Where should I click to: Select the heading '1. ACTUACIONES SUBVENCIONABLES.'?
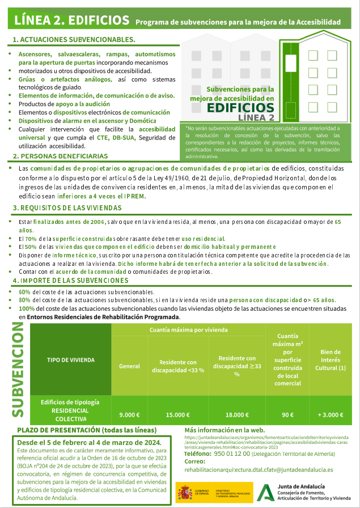click(74, 40)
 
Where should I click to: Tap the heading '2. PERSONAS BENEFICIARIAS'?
click(60, 156)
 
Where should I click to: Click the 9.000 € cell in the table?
click(129, 414)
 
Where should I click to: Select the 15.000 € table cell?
click(177, 414)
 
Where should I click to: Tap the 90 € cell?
click(287, 414)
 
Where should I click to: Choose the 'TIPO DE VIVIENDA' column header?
click(70, 359)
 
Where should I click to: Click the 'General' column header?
click(129, 366)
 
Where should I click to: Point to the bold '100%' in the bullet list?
click(27, 308)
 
